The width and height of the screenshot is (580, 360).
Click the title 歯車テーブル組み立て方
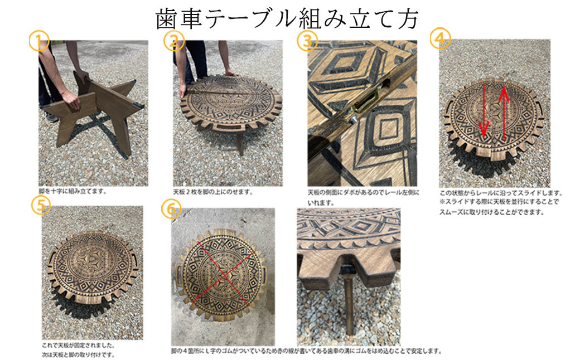287,18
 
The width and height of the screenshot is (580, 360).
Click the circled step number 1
39,41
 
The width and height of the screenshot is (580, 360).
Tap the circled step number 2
174,41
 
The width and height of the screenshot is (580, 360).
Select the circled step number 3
307,41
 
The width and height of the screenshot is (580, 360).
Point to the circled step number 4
440,38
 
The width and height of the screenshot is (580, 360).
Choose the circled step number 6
171,209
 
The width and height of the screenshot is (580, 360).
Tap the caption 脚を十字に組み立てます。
73,192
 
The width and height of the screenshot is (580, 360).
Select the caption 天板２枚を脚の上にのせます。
213,192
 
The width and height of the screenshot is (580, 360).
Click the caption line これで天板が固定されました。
78,346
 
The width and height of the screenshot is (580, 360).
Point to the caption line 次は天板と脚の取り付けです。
78,355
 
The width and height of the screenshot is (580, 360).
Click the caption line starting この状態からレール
501,193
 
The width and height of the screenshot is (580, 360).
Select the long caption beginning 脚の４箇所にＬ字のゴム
306,351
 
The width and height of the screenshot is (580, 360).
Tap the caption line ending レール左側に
363,193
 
